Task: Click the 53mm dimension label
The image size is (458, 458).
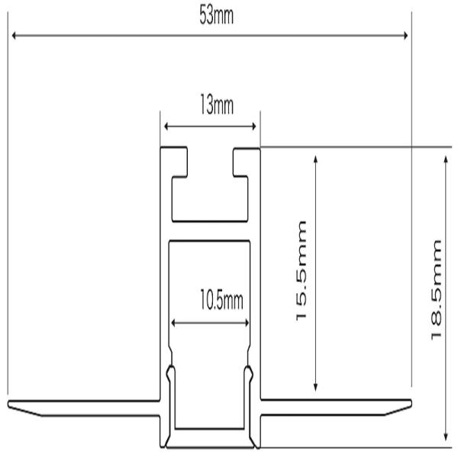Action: [x=217, y=15]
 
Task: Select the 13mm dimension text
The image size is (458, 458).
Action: [x=217, y=105]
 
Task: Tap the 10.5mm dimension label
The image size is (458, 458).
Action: [x=221, y=300]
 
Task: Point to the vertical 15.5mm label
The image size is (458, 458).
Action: [x=302, y=270]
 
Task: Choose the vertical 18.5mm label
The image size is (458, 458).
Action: [x=436, y=289]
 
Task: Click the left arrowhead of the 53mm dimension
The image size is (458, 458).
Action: [x=14, y=36]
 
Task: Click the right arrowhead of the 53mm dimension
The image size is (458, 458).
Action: [x=405, y=36]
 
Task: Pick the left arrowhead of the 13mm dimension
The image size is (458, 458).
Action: [x=166, y=127]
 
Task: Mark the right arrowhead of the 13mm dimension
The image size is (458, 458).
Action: [x=254, y=127]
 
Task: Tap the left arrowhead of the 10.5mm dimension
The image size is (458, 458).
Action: [x=173, y=323]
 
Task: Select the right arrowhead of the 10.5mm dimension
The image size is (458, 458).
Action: [x=247, y=323]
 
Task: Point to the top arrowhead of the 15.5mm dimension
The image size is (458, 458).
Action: [x=315, y=159]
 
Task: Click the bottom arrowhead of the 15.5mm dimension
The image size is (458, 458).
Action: [x=315, y=388]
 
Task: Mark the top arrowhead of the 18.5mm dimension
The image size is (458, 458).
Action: [x=446, y=160]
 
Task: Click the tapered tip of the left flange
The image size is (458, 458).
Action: [x=8, y=405]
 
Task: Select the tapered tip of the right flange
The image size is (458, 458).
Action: [x=411, y=404]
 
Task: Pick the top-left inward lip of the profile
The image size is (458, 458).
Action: [x=179, y=163]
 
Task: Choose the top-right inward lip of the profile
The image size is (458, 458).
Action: [x=241, y=163]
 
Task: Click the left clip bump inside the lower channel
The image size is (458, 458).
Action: [x=170, y=373]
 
